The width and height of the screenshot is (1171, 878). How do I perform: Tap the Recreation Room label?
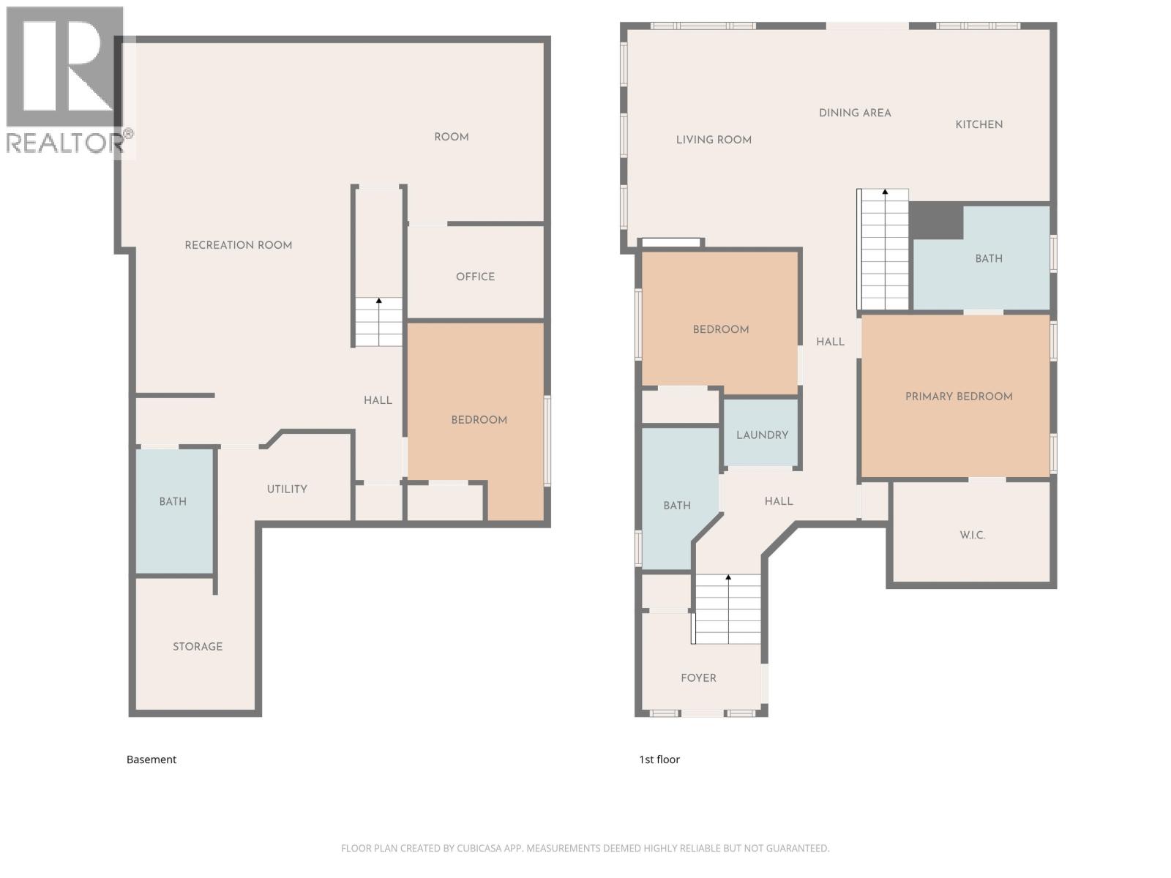pyautogui.click(x=239, y=245)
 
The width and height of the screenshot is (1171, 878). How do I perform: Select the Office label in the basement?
pyautogui.click(x=475, y=277)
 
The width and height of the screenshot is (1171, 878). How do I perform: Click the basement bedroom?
pyautogui.click(x=479, y=419)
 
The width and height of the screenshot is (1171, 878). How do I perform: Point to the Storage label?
pyautogui.click(x=198, y=646)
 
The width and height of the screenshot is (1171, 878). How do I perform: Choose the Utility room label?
pyautogui.click(x=287, y=489)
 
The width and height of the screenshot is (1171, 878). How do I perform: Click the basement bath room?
pyautogui.click(x=173, y=502)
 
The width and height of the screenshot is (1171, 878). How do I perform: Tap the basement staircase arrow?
pyautogui.click(x=378, y=301)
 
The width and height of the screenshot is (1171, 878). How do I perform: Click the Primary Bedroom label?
pyautogui.click(x=959, y=397)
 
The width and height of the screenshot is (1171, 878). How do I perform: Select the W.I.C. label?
pyautogui.click(x=972, y=535)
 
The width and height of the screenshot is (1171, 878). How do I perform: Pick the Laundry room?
pyautogui.click(x=762, y=435)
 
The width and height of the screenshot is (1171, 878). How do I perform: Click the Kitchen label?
pyautogui.click(x=979, y=124)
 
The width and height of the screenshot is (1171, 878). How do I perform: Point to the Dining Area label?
pyautogui.click(x=855, y=113)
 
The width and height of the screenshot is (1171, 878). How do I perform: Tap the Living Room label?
pyautogui.click(x=714, y=140)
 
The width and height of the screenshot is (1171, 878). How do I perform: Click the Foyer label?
pyautogui.click(x=698, y=678)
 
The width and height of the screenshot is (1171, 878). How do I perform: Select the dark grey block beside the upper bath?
pyautogui.click(x=935, y=220)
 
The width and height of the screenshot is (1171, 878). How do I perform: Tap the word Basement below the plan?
pyautogui.click(x=151, y=759)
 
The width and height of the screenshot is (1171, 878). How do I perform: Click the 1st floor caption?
pyautogui.click(x=659, y=759)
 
